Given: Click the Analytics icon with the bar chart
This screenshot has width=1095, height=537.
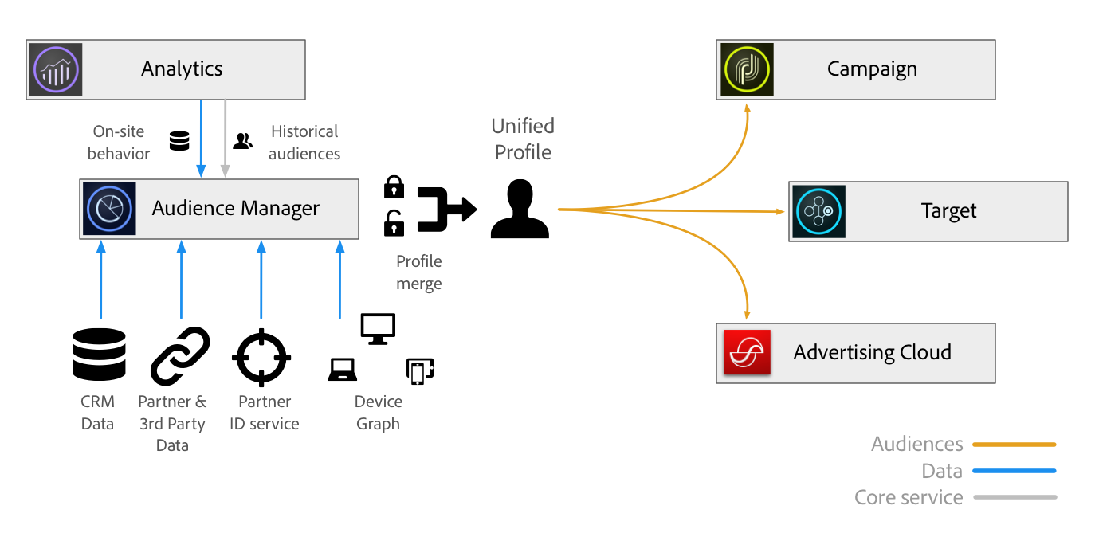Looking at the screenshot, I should [x=57, y=69].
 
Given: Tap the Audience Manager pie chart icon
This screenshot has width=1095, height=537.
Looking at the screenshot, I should [x=109, y=209].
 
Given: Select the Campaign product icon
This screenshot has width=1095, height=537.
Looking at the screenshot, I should [x=747, y=69].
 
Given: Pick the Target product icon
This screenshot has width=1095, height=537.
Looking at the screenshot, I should [x=819, y=211].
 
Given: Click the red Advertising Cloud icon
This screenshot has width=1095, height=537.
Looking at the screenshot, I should [x=747, y=352].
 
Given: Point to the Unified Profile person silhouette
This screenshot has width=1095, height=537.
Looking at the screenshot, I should [x=520, y=210].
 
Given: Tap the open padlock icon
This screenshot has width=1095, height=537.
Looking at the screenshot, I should [x=394, y=223].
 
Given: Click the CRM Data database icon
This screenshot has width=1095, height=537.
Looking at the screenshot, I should [x=99, y=354].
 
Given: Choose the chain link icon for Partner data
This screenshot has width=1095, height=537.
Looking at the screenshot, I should [x=180, y=355].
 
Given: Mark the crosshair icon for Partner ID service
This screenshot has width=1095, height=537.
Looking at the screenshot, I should [x=261, y=355].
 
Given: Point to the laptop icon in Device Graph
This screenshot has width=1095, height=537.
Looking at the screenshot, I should [x=343, y=370].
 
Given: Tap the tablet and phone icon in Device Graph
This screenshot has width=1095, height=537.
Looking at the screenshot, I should [x=419, y=371].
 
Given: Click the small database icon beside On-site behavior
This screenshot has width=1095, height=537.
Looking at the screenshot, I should [x=179, y=142].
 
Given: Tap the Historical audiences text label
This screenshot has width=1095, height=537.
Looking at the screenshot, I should [x=304, y=143].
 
